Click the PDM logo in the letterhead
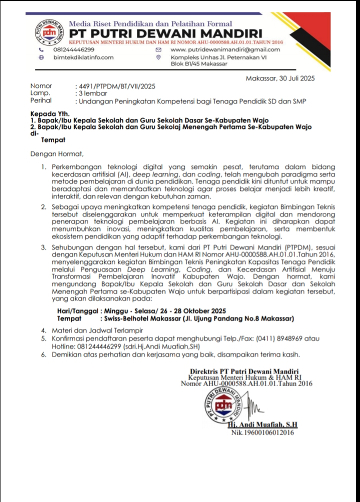point(49,32)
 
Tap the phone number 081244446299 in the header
point(73,50)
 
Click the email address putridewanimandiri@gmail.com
point(225,50)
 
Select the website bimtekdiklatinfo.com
point(83,57)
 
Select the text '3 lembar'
point(90,93)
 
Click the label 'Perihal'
point(41,100)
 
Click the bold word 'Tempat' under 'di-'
point(49,140)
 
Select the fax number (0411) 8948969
point(280,338)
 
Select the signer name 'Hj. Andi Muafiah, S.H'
point(262,425)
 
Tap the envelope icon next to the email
point(158,50)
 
